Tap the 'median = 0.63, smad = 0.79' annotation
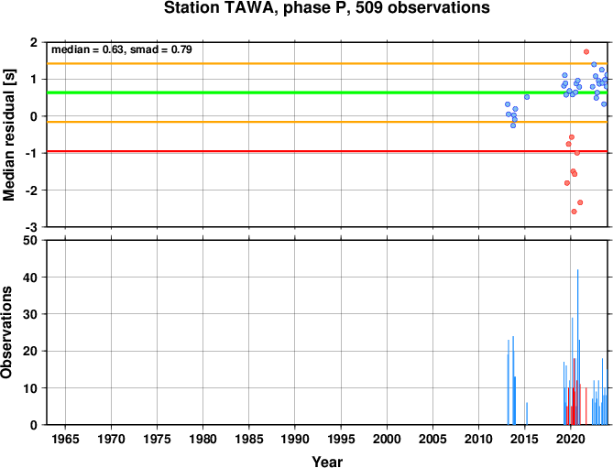click(x=122, y=49)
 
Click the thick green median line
click(x=327, y=93)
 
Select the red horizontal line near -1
click(x=327, y=151)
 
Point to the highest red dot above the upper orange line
click(x=586, y=51)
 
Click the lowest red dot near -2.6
click(x=574, y=212)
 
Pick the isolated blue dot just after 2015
click(x=527, y=97)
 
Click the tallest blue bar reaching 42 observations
click(x=578, y=347)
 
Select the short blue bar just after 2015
click(x=527, y=414)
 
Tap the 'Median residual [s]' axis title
click(x=8, y=135)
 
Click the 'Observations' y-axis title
click(x=6, y=332)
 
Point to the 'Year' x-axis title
click(x=327, y=462)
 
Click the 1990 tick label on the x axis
click(x=295, y=439)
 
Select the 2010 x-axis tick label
click(x=478, y=439)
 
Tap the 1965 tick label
click(x=65, y=439)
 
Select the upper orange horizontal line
click(x=327, y=63)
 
